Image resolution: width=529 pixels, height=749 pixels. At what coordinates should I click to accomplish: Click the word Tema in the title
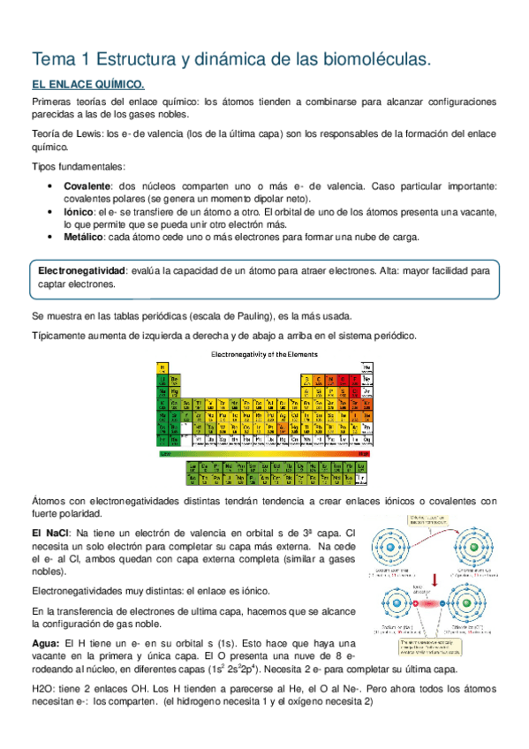pos(52,60)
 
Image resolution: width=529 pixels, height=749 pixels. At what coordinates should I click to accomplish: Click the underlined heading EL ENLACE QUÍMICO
pos(87,86)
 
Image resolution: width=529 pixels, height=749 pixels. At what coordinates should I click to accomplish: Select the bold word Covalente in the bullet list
pos(87,186)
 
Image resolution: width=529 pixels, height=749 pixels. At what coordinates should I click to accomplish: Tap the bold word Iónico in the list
pos(79,213)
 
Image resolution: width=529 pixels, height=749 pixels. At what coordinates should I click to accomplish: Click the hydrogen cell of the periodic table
pos(162,366)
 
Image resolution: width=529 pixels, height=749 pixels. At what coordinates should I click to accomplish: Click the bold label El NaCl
pos(51,534)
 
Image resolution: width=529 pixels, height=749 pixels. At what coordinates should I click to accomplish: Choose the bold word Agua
pos(48,643)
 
